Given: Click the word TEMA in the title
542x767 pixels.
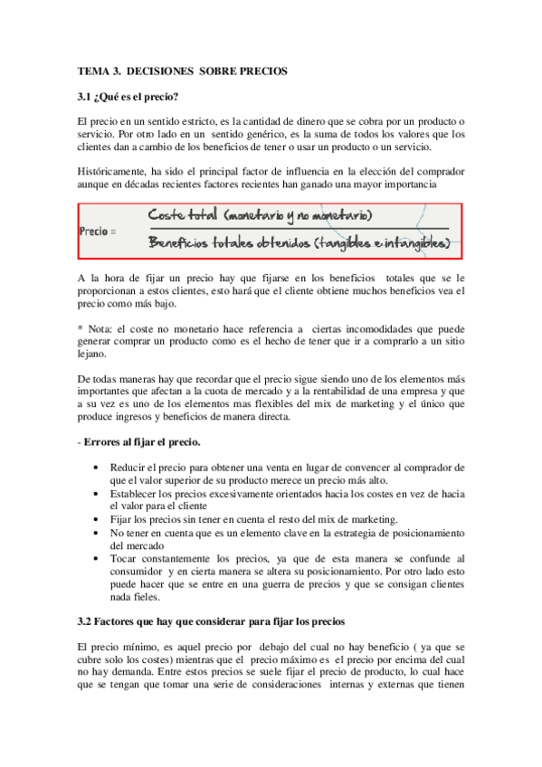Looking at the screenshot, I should tap(92, 71).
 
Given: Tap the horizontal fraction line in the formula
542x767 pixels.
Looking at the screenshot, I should tap(298, 230).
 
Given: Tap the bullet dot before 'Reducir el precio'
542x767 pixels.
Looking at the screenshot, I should tap(97, 468).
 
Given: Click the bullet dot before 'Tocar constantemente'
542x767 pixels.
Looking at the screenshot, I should tap(97, 559).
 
